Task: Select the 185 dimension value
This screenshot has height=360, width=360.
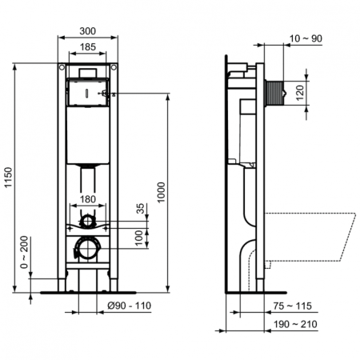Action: pos(89,48)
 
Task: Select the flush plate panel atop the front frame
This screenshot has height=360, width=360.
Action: pos(89,89)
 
